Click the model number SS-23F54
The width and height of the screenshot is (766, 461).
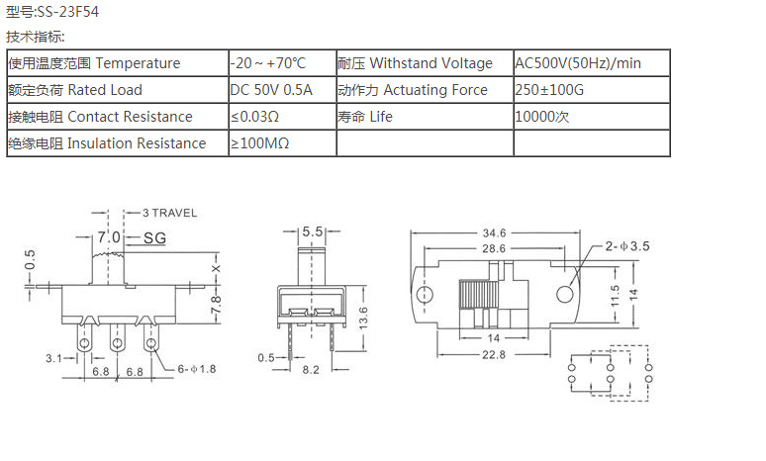[68, 12]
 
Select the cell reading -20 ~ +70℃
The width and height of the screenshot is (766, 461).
[268, 63]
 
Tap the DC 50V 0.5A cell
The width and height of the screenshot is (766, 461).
[271, 90]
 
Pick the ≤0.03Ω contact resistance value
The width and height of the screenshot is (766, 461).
[255, 117]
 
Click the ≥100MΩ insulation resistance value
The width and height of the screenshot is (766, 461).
[260, 143]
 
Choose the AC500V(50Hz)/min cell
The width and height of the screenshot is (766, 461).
[578, 63]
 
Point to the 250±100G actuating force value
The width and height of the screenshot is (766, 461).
[551, 90]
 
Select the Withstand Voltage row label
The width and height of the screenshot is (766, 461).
[415, 63]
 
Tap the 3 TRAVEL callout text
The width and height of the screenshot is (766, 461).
[169, 213]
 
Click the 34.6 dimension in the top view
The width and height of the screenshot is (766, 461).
[495, 232]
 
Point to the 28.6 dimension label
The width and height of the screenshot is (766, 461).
[495, 248]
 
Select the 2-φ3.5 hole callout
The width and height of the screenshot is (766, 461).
[626, 247]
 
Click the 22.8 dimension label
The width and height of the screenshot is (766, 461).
[495, 354]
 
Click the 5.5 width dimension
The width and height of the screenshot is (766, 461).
[313, 231]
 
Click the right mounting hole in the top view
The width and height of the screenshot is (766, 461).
[565, 294]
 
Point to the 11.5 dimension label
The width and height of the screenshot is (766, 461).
[614, 294]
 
